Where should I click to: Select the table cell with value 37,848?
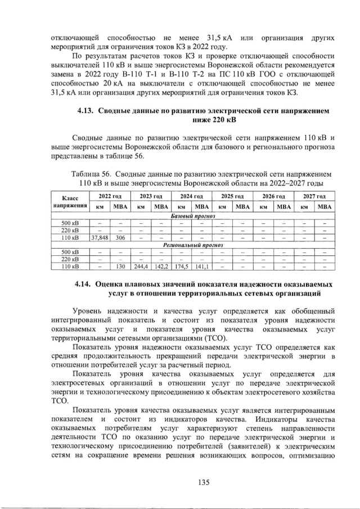pos(100,237)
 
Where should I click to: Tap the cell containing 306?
pos(120,237)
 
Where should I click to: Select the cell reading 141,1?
pos(201,267)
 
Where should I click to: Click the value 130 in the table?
pos(120,267)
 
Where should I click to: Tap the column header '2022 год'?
pos(110,197)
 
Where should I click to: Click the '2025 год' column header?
pos(232,197)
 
